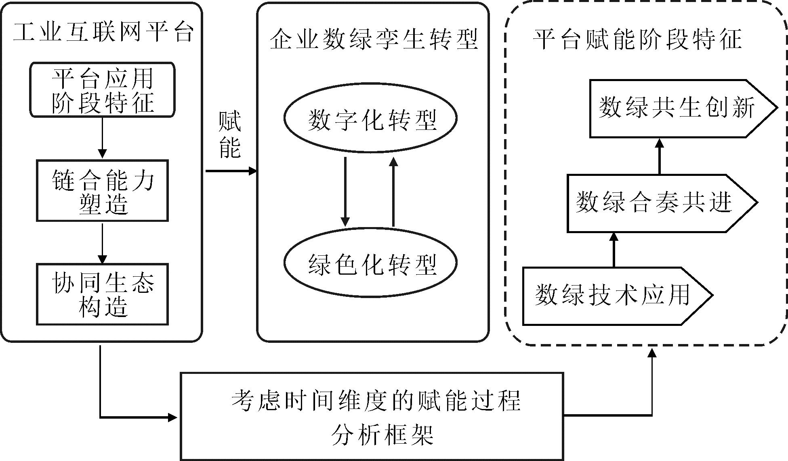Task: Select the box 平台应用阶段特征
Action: pyautogui.click(x=103, y=90)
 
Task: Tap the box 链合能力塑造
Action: pyautogui.click(x=103, y=191)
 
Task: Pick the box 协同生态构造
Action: pyautogui.click(x=103, y=294)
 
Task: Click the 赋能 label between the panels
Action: pyautogui.click(x=229, y=134)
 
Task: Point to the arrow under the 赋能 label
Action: pyautogui.click(x=231, y=171)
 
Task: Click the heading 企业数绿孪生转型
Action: pyautogui.click(x=373, y=40)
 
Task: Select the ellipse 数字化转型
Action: pyautogui.click(x=370, y=118)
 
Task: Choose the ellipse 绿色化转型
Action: pyautogui.click(x=370, y=263)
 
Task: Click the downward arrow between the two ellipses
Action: pyautogui.click(x=345, y=192)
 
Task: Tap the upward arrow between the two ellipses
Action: pyautogui.click(x=393, y=192)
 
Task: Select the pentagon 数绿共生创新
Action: pyautogui.click(x=679, y=108)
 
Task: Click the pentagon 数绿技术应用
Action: pyautogui.click(x=614, y=296)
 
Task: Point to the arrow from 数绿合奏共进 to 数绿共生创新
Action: pyautogui.click(x=660, y=156)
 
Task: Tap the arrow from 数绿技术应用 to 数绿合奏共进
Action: pyautogui.click(x=614, y=250)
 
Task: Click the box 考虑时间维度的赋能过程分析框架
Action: pyautogui.click(x=372, y=416)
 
